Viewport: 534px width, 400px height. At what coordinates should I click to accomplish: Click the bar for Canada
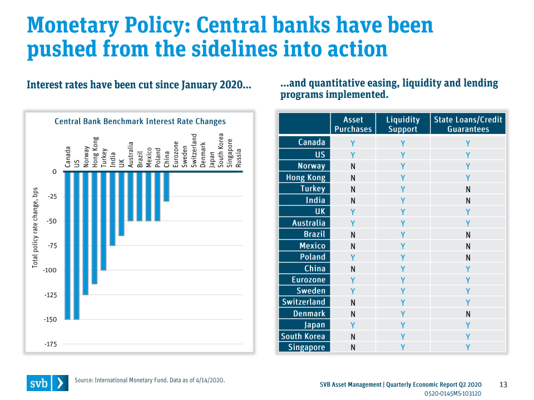(x=67, y=246)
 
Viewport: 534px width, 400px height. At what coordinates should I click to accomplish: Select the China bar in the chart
(x=166, y=187)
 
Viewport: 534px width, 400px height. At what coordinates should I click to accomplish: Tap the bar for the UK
(x=122, y=204)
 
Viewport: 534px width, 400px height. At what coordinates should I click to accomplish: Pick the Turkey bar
(x=103, y=221)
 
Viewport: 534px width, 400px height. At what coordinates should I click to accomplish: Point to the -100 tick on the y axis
(x=50, y=271)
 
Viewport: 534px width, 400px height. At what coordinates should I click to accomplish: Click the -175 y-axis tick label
(x=51, y=344)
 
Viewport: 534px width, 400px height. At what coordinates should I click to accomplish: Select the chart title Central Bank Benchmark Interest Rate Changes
(x=140, y=122)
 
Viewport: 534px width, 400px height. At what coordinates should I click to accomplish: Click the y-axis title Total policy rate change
(x=35, y=228)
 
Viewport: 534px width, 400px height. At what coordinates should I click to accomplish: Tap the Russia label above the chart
(x=239, y=158)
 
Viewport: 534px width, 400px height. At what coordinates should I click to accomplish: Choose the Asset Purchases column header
(x=353, y=124)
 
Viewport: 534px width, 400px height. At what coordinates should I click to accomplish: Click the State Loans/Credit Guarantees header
(x=468, y=124)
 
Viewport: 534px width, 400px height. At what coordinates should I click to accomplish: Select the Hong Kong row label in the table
(x=305, y=177)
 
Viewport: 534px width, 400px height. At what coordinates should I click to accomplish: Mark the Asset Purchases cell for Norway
(x=353, y=166)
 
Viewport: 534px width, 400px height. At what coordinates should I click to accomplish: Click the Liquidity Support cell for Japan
(x=403, y=325)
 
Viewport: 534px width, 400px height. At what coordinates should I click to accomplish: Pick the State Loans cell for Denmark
(x=468, y=314)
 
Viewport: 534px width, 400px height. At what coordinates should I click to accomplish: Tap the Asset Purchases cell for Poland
(x=353, y=257)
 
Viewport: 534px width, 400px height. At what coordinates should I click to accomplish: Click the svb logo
(x=48, y=383)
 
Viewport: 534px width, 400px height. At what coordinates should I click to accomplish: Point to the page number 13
(x=503, y=384)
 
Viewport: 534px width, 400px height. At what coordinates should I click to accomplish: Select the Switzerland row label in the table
(x=304, y=302)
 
